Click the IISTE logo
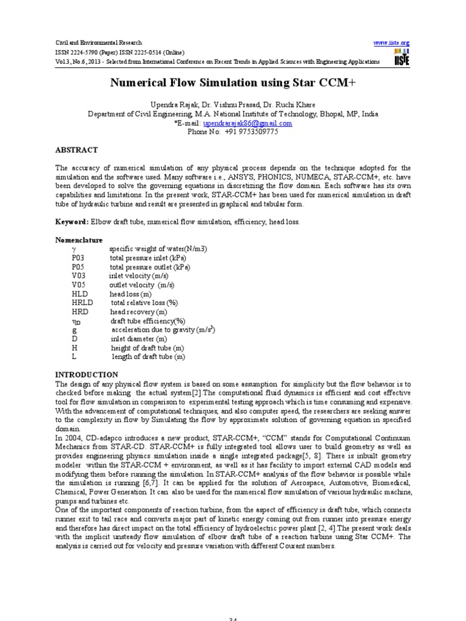click(401, 58)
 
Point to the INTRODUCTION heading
click(87, 375)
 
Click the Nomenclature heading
click(79, 240)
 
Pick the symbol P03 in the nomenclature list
click(79, 258)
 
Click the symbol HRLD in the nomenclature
click(82, 303)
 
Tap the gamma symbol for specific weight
click(73, 249)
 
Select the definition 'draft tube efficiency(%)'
click(147, 321)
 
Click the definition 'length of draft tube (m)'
click(148, 357)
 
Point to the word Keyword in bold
click(71, 223)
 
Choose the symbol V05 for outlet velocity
click(79, 285)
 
